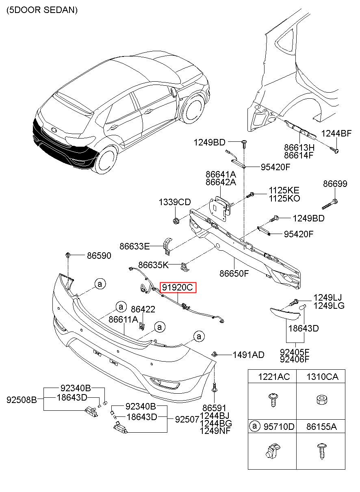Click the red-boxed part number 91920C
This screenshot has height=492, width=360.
pos(178,287)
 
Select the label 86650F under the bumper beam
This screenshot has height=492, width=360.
pos(234,273)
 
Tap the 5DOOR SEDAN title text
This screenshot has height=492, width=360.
pos(42,10)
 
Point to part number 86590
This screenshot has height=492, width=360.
pos(99,256)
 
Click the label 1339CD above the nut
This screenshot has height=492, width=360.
pos(175,202)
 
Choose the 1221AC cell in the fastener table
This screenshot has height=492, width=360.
pos(274,377)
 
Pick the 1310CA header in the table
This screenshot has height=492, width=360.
pos(322,377)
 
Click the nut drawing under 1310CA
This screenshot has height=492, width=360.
pos(322,400)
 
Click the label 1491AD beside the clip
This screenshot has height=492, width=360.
pos(248,355)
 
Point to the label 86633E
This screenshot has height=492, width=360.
pos(134,246)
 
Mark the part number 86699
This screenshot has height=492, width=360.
pos(335,184)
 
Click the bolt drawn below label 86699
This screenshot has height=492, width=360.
pos(330,204)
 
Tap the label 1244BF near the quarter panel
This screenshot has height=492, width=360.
pos(336,133)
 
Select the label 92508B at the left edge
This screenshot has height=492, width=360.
pos(22,400)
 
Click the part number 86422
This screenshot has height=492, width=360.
pos(143,309)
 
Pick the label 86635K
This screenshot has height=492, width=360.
pos(153,265)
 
